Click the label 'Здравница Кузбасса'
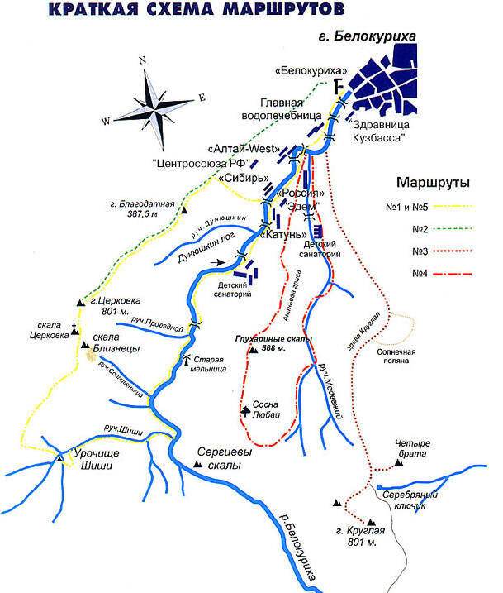(x=379, y=132)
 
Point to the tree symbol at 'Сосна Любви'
(x=245, y=409)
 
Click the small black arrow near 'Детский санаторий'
(x=217, y=264)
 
